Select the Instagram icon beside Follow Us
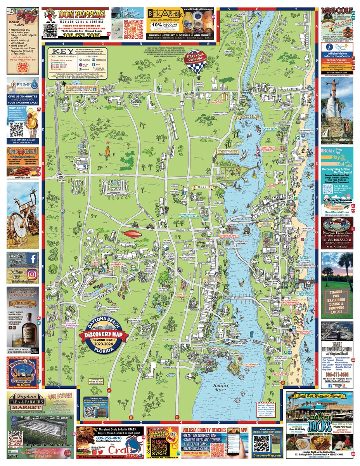tap(33, 274)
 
